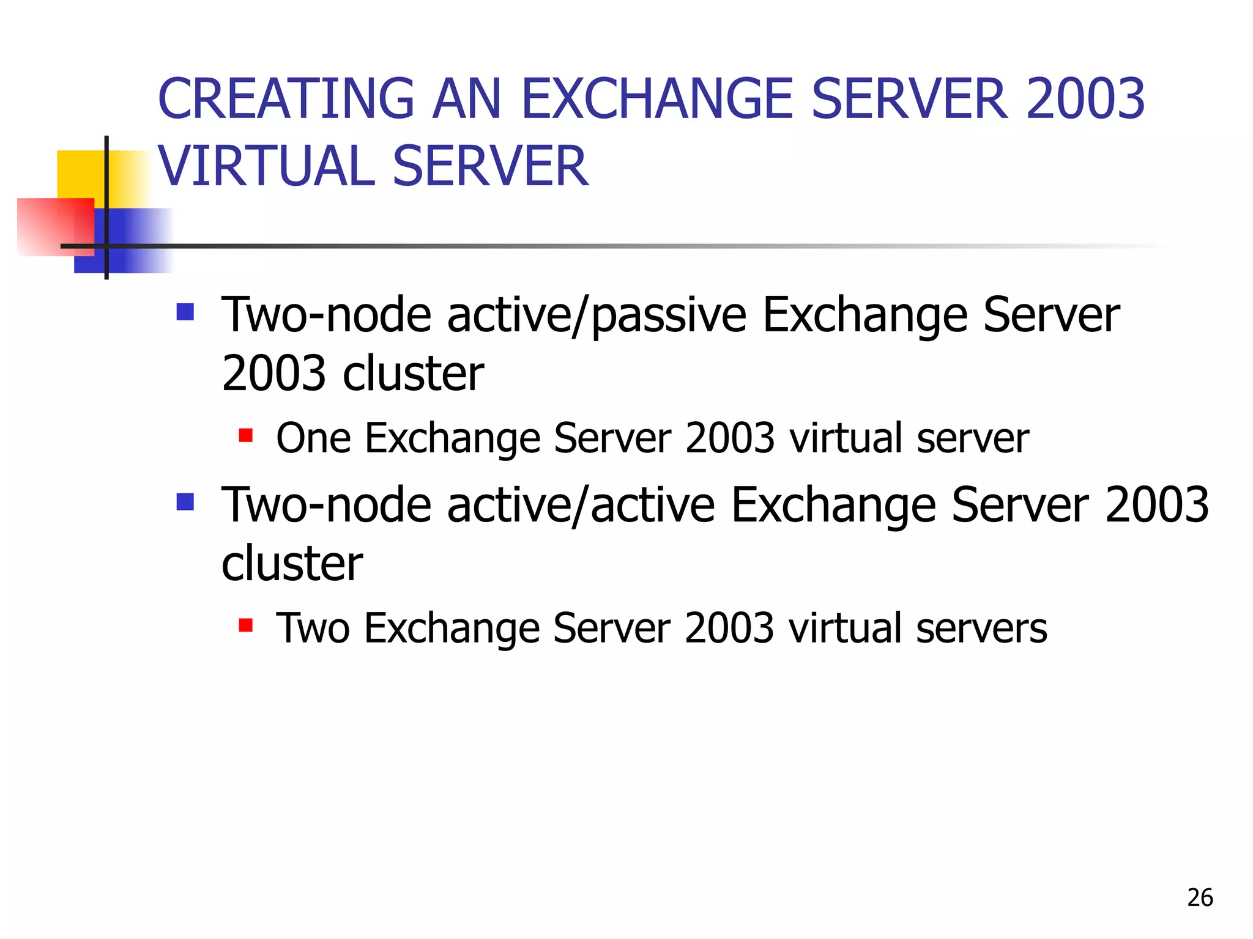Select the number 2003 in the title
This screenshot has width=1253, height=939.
point(1085,99)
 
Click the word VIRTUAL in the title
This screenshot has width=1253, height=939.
point(266,166)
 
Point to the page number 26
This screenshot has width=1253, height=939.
point(1200,897)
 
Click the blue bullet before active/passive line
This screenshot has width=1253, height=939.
point(185,312)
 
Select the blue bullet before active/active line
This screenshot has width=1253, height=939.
point(185,502)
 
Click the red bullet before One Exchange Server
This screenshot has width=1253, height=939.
point(246,435)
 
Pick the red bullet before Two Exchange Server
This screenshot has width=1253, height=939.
point(246,625)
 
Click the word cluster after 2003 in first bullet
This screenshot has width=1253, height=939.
point(414,374)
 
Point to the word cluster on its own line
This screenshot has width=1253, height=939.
point(292,564)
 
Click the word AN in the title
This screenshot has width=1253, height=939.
point(466,99)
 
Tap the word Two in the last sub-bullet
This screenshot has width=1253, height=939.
point(313,628)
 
